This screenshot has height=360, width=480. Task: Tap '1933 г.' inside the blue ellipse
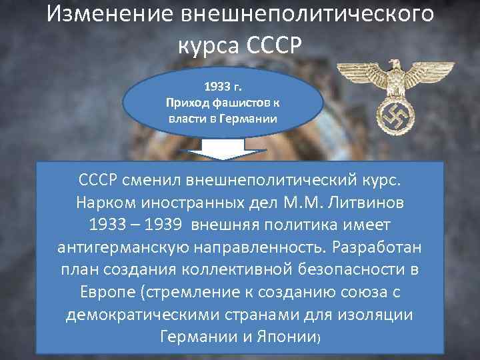[223, 87]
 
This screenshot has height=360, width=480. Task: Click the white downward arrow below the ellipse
[224, 148]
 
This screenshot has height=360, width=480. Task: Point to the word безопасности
[349, 271]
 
